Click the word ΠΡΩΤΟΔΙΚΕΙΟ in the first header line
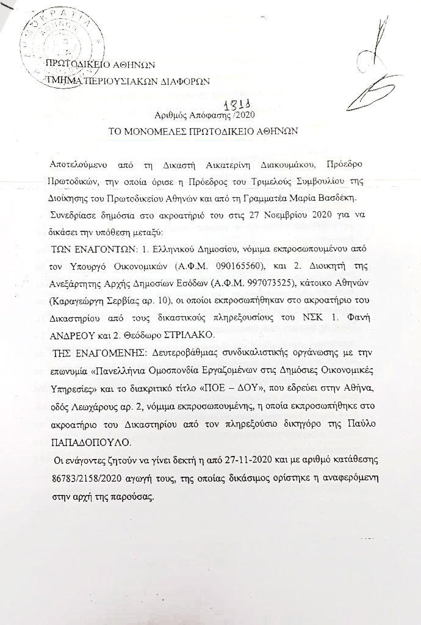[81, 64]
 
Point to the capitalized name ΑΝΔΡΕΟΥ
[75, 336]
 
